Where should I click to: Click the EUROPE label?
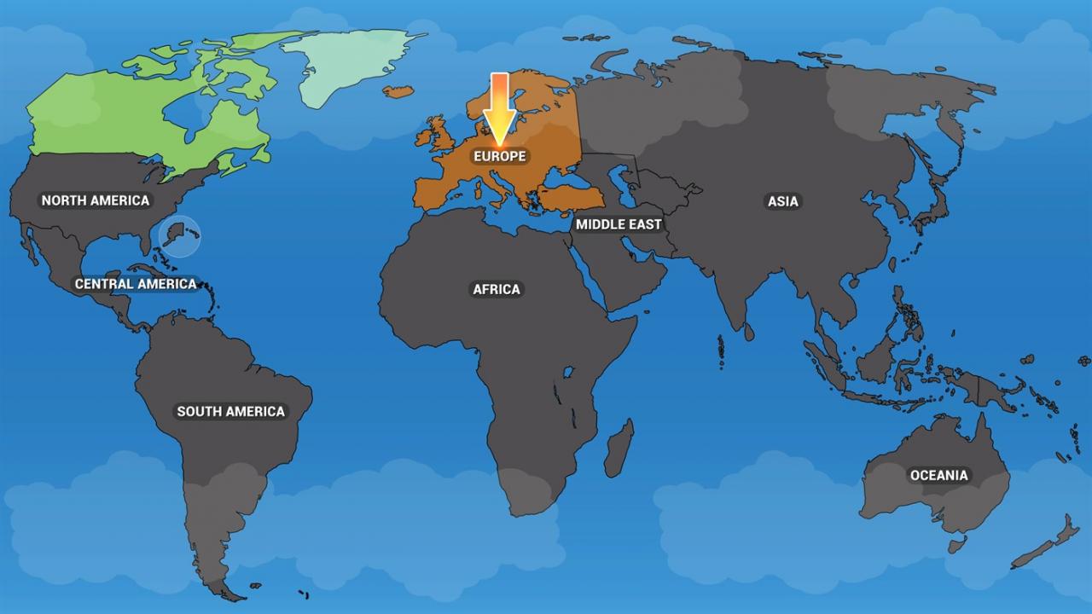(500, 157)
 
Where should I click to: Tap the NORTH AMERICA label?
(96, 200)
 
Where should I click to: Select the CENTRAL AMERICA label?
(136, 284)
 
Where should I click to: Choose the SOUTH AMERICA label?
(230, 411)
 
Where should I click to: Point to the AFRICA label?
(497, 289)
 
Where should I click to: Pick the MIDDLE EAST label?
(618, 224)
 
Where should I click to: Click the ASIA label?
(782, 201)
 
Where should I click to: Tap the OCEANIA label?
(938, 475)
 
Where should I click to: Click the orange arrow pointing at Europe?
(500, 107)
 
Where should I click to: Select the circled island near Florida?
(179, 235)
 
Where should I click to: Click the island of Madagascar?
(619, 448)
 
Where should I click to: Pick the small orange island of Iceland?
(398, 91)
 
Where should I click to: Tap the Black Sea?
(563, 182)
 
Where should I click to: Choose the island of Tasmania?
(957, 544)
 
